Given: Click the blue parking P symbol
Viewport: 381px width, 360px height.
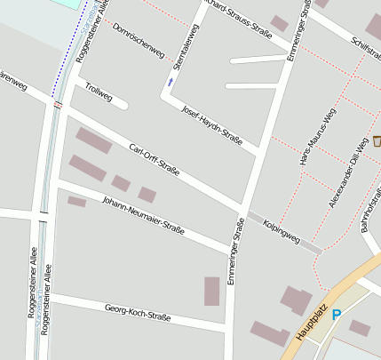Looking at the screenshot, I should (336, 314).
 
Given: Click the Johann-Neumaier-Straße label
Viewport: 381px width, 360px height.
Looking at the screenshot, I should (143, 214).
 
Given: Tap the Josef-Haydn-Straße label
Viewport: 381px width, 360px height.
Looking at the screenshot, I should (211, 124).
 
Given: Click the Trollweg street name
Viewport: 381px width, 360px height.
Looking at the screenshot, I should (99, 92).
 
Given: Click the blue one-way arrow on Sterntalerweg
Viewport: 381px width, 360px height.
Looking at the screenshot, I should (170, 83).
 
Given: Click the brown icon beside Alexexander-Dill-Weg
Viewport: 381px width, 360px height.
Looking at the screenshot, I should (377, 140).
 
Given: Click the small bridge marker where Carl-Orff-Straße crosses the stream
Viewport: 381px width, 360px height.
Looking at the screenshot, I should (58, 104).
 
